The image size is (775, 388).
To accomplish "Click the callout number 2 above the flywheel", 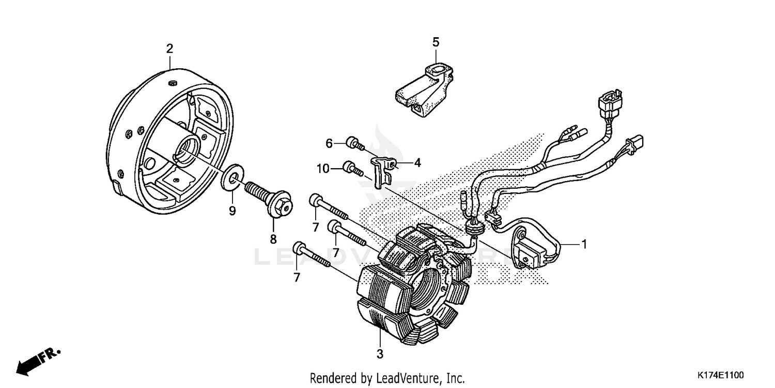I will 169,49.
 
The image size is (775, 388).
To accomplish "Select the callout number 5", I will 436,41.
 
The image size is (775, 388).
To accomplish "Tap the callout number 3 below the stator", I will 380,354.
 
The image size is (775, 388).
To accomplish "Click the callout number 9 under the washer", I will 232,211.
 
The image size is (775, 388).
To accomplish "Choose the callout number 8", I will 273,239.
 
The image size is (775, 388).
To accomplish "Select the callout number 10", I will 323,168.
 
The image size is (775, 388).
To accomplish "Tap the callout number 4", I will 417,163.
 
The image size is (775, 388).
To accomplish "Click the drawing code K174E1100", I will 720,374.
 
